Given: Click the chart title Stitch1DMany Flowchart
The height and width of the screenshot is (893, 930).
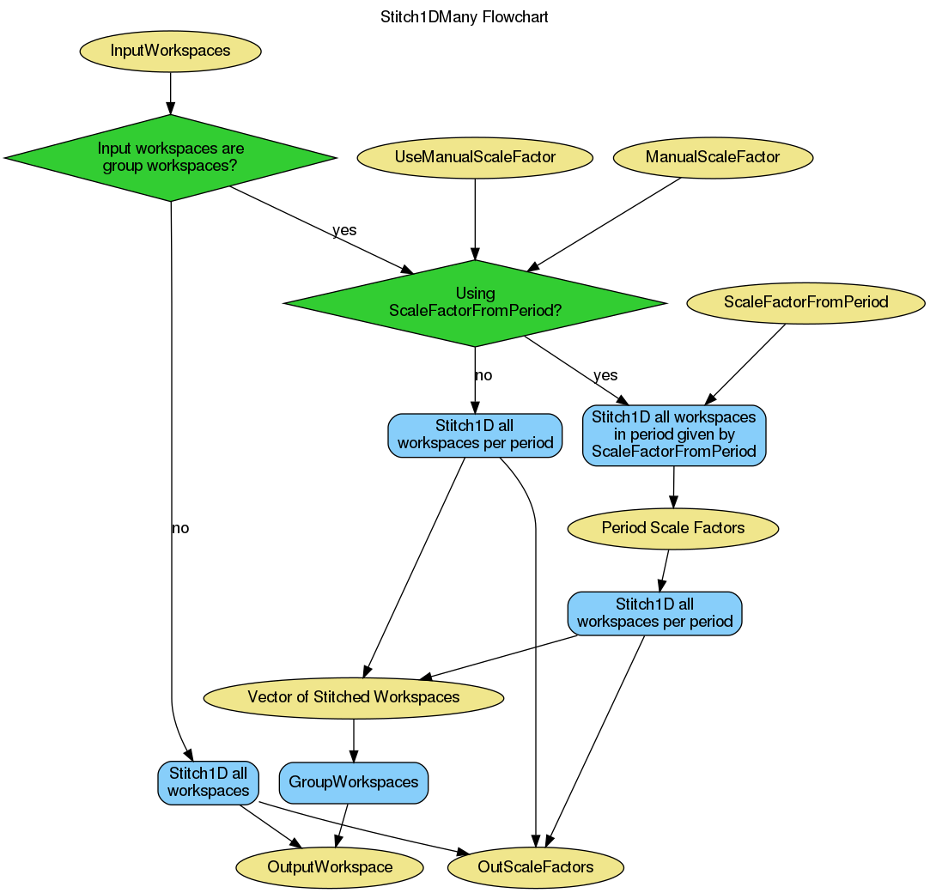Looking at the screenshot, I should point(464,16).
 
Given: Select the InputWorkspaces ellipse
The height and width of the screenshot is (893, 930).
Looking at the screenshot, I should point(170,51).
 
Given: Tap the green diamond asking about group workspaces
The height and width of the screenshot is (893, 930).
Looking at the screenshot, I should point(170,157).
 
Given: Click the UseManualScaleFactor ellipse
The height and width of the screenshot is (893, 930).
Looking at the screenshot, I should point(475,157).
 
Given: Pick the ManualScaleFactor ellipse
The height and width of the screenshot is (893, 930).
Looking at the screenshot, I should point(713,157).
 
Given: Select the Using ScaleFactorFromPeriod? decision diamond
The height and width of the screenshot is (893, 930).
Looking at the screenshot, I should point(475,302).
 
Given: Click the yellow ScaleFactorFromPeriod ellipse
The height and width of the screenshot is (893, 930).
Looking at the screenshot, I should point(805,302).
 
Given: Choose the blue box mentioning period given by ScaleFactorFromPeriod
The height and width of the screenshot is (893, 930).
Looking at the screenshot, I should point(674,434).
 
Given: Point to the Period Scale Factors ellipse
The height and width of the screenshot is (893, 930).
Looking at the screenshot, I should point(673,528).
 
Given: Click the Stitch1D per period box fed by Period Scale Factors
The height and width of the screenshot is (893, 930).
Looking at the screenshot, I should point(654,613).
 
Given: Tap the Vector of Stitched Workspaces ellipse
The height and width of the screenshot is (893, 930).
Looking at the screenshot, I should point(353,697).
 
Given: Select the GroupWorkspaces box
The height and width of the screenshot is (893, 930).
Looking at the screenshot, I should point(353,782).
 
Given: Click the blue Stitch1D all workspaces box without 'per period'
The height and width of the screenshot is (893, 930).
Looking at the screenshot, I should point(208,782).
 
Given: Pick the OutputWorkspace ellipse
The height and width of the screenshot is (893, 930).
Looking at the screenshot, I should point(330,867).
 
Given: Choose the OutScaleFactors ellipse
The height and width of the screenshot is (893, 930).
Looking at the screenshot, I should point(535,867).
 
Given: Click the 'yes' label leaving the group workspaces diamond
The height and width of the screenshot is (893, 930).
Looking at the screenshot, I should point(344,230).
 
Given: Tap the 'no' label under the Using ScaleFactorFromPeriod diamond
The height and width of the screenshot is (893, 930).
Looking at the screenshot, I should point(483,375).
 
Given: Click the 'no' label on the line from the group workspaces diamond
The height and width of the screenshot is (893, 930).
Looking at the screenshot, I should point(179,528).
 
